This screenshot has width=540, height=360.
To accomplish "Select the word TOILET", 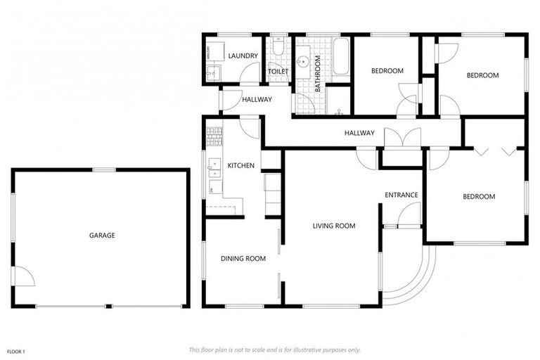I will click(278, 71).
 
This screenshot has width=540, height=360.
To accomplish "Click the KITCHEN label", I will click(240, 166).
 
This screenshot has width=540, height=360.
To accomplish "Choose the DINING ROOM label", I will click(243, 259).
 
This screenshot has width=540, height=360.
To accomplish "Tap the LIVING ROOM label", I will click(334, 226).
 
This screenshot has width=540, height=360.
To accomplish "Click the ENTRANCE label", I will click(401, 195).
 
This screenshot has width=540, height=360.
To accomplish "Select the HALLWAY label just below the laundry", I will click(257, 100).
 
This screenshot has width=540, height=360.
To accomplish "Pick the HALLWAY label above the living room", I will click(359, 133).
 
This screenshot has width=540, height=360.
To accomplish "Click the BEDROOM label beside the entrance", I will click(479, 197).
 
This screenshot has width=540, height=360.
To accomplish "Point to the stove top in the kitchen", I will click(214, 133).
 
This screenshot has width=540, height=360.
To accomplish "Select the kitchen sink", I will click(214, 167).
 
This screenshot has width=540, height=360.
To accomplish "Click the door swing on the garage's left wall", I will click(23, 276).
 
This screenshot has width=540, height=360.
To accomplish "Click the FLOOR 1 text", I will click(16, 351).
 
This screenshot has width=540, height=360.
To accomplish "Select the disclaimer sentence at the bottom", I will click(274, 349).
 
